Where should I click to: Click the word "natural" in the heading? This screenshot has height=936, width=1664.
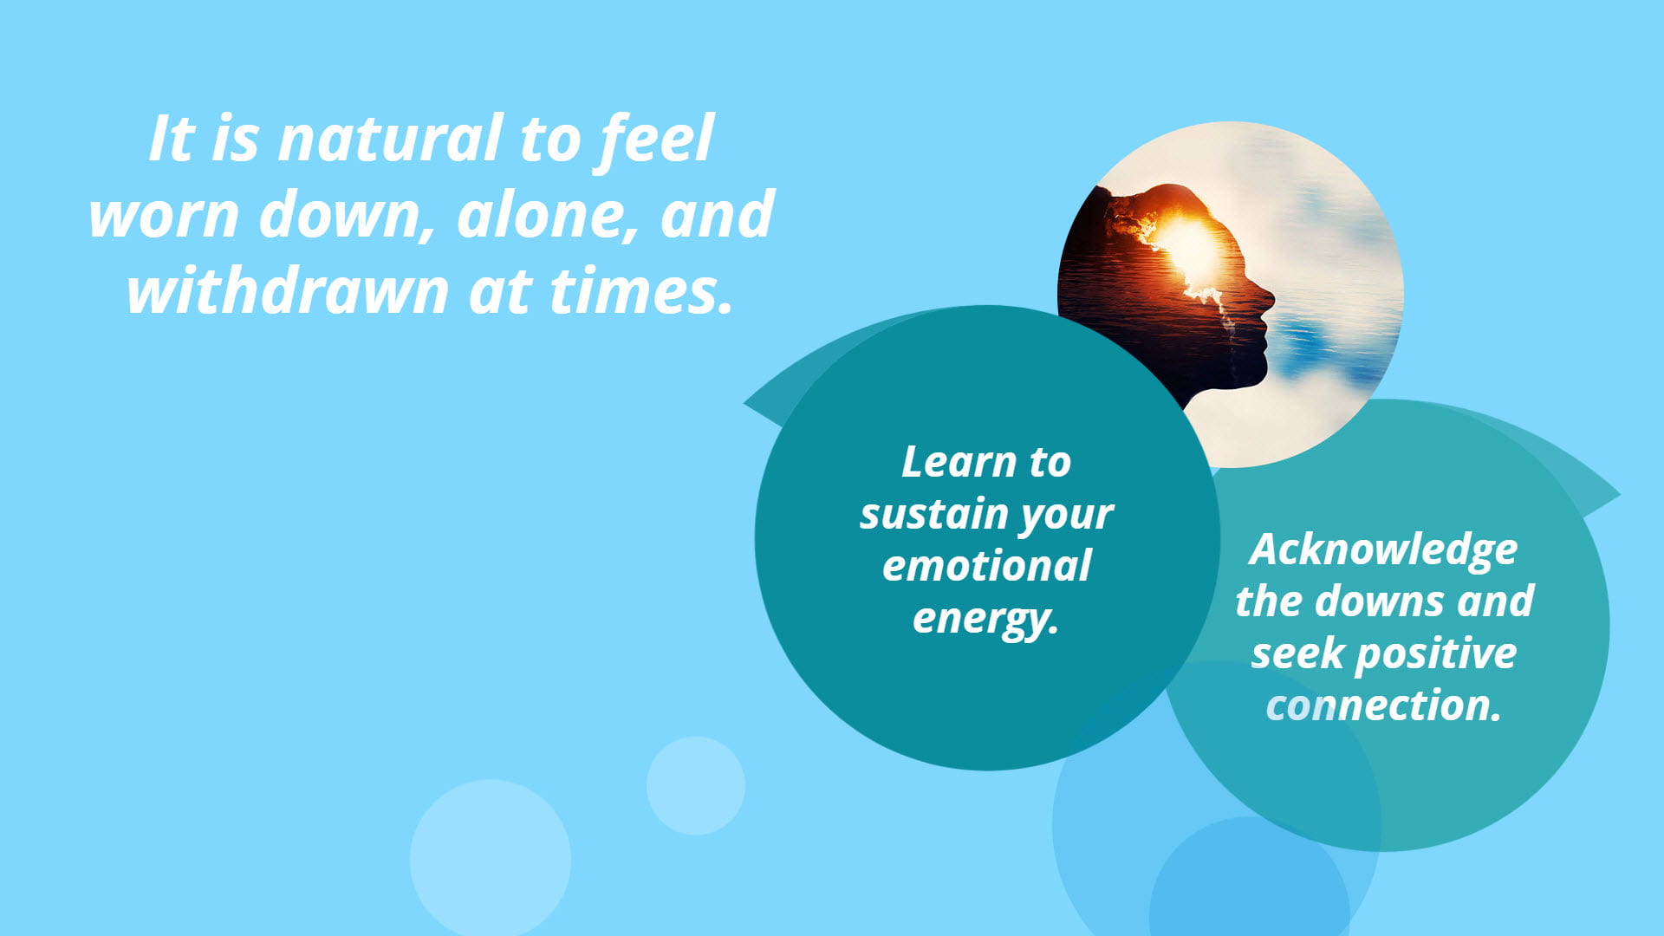point(389,139)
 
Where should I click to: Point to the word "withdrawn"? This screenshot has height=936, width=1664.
point(288,290)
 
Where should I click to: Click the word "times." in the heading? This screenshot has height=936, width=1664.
point(641,291)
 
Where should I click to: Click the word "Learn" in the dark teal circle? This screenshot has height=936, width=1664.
point(958,462)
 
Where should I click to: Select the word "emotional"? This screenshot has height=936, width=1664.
point(986,567)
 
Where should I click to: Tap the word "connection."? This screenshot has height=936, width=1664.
point(1383,705)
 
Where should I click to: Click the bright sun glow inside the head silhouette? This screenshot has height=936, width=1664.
point(1189,247)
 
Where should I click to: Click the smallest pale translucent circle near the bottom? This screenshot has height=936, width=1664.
point(695,786)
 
